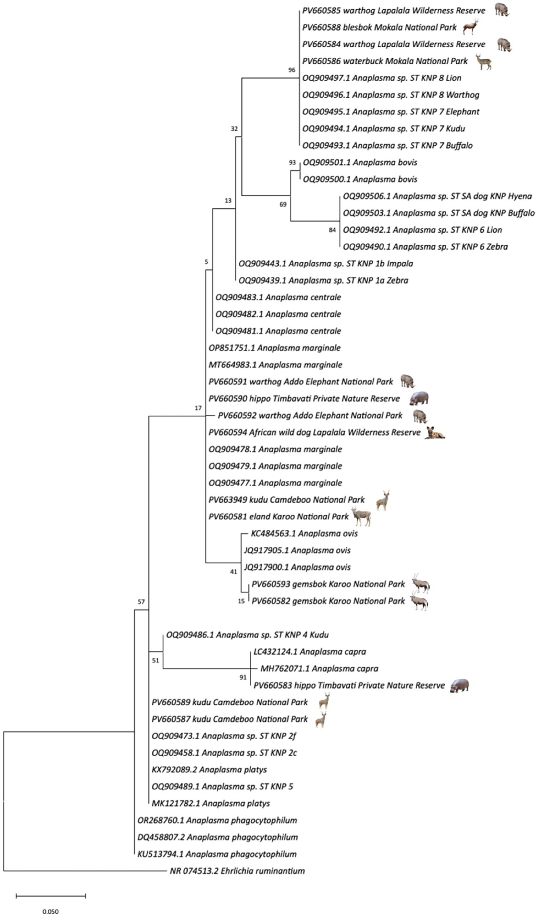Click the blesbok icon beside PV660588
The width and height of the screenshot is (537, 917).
(x=471, y=27)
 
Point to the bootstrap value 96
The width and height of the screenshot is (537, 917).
(x=292, y=70)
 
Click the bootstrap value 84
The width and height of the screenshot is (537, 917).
(x=332, y=230)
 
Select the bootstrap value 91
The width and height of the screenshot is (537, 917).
(x=243, y=678)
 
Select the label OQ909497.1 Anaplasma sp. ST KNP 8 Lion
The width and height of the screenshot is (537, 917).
(x=382, y=78)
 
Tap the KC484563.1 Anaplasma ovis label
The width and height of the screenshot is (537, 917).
(x=304, y=533)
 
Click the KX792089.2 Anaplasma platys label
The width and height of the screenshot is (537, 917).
(x=209, y=770)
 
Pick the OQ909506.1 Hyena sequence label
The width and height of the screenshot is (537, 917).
(x=437, y=196)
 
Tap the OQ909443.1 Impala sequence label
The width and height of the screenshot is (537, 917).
(x=326, y=263)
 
